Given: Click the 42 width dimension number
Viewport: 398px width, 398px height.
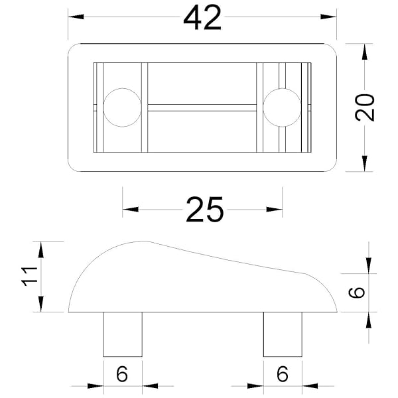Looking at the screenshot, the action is click(x=202, y=18).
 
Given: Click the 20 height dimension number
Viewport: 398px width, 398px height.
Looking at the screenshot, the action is click(x=364, y=107).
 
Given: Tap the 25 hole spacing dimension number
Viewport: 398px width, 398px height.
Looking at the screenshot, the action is click(x=205, y=210).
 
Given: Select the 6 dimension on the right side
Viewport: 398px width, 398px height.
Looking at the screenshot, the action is click(x=357, y=293).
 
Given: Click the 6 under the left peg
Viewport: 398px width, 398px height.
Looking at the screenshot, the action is click(x=122, y=373).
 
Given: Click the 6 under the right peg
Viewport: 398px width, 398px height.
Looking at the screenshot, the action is click(x=283, y=373).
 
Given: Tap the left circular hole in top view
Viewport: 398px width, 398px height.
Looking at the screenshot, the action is click(x=122, y=107).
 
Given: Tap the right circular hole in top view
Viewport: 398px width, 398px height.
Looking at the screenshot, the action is click(x=283, y=107).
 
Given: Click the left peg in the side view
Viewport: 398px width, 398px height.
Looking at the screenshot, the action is click(x=123, y=334).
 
